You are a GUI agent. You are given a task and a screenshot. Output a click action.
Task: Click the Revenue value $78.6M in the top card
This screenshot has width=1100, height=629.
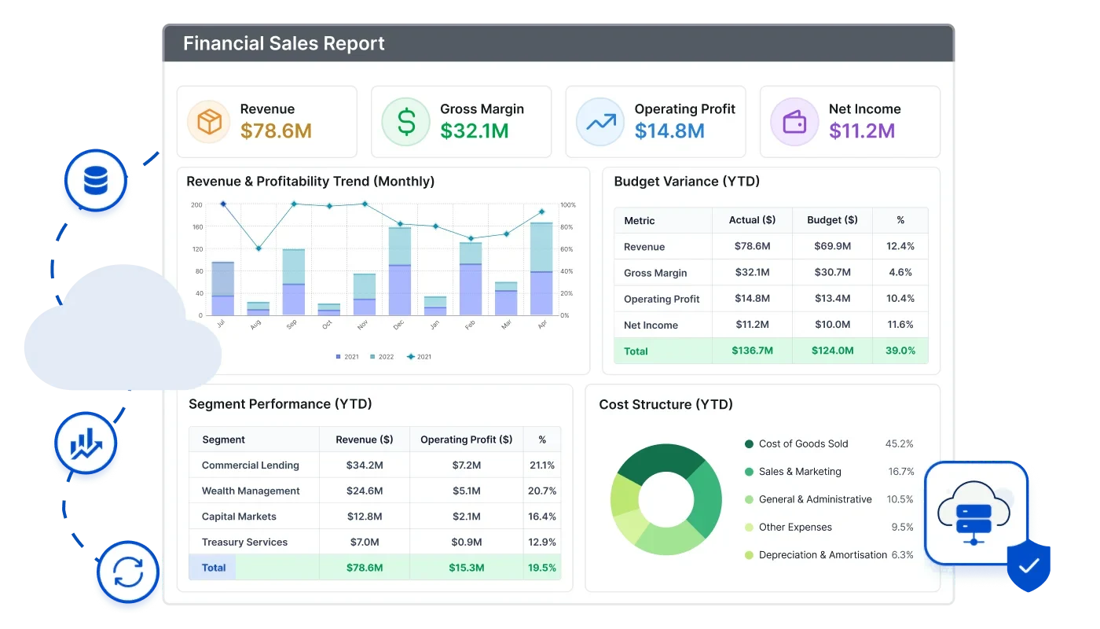[x=276, y=131]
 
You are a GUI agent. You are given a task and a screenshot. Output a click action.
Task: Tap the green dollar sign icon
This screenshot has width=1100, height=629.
[x=406, y=122]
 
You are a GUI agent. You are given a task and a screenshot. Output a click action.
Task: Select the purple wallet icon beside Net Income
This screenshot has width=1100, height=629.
[x=794, y=122]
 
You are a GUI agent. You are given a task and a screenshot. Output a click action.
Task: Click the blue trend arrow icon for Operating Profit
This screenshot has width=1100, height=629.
[x=601, y=122]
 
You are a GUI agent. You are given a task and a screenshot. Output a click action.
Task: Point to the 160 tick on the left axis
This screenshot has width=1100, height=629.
[x=197, y=227]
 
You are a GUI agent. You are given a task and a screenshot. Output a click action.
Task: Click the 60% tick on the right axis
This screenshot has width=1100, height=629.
[x=566, y=249]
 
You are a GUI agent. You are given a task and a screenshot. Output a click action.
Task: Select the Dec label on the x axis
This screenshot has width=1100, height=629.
[x=398, y=325]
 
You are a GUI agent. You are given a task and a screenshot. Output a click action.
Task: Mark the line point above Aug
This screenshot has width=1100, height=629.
[x=258, y=248]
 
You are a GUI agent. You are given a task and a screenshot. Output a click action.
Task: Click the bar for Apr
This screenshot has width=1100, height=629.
[x=541, y=269]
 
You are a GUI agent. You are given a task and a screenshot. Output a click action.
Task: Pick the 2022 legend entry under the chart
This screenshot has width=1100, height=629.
[x=382, y=357]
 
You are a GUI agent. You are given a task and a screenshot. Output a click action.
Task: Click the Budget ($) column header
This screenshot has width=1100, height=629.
[x=832, y=219]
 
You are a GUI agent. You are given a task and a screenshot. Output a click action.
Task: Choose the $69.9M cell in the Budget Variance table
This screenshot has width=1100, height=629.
[x=832, y=245]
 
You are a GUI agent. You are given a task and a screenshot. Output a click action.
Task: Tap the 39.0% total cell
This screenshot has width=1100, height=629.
[x=900, y=351]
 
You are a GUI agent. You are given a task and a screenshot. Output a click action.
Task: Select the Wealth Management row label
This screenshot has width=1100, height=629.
[x=251, y=491]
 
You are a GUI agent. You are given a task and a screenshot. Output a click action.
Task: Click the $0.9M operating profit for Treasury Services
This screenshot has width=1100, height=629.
[x=467, y=542]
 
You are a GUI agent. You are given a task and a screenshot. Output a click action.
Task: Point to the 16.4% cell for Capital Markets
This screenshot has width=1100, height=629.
[x=541, y=517]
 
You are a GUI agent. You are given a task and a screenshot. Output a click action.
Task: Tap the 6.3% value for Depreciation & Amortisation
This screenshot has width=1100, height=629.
[x=903, y=555]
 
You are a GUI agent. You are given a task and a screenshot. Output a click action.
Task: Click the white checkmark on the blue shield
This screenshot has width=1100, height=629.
[x=1028, y=566]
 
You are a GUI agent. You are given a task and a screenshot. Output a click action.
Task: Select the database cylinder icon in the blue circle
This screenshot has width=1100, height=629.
[x=96, y=180]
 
